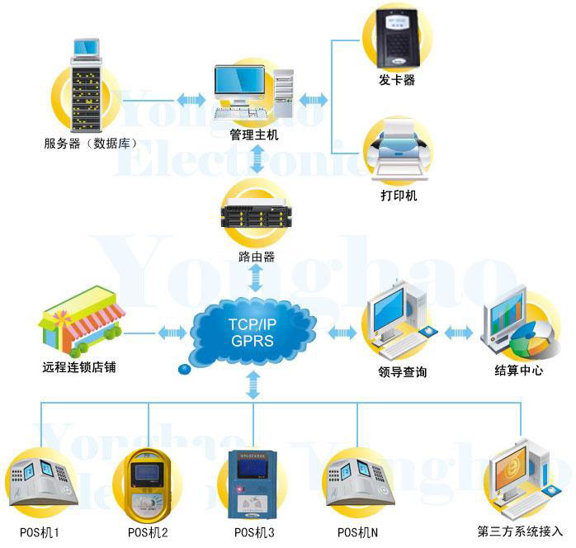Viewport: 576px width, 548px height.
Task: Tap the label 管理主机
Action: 253,135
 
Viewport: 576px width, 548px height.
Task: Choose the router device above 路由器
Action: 256,217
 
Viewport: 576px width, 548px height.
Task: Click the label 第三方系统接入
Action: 520,532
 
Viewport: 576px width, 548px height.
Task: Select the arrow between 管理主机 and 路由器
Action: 257,158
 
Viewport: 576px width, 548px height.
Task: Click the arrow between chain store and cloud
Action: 172,333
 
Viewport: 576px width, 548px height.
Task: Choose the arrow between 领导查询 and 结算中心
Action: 458,333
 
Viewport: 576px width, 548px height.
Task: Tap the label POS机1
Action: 40,532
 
